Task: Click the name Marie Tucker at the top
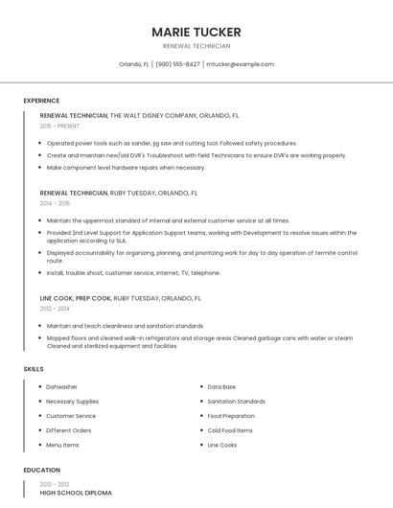[x=196, y=32]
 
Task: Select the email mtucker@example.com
[x=240, y=64]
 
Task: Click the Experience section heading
[x=41, y=101]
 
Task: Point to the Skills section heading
[x=34, y=369]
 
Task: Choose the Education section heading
[x=41, y=470]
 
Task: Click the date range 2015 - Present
[x=60, y=126]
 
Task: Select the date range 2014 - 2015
[x=56, y=203]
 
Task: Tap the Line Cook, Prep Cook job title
[x=75, y=298]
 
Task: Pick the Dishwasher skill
[x=62, y=387]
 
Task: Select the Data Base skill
[x=221, y=387]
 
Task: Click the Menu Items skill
[x=63, y=445]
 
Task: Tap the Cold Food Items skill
[x=230, y=430]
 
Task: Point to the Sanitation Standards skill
[x=236, y=402]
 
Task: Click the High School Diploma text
[x=76, y=493]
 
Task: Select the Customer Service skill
[x=71, y=416]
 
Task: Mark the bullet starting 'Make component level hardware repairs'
[x=126, y=167]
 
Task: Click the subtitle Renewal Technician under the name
[x=196, y=46]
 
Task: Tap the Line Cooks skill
[x=222, y=445]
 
